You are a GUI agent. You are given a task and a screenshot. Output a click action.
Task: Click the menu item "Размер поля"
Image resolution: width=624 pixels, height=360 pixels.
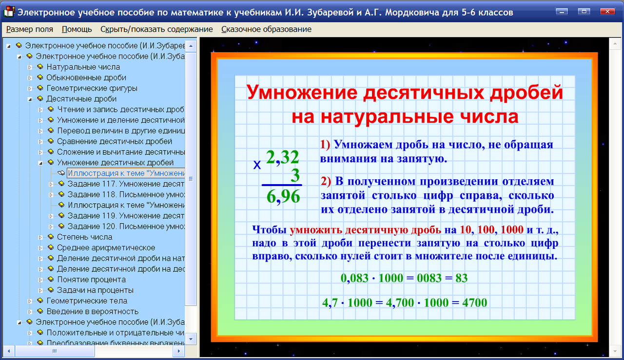pos(30,29)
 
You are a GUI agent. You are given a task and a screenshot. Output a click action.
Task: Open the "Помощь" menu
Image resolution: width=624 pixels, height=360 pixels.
pos(77,29)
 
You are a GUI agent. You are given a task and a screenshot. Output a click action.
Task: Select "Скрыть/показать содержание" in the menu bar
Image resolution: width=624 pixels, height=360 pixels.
pos(156,29)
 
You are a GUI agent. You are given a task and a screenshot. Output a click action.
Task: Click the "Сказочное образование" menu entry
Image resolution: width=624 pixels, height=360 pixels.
pos(266,29)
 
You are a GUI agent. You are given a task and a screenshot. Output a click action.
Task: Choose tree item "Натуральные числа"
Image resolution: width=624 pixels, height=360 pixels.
pos(83,67)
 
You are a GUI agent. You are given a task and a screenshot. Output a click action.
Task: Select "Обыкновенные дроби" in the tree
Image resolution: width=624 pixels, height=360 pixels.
pos(86,78)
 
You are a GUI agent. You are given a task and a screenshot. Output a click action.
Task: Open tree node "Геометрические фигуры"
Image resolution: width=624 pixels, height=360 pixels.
pos(92,89)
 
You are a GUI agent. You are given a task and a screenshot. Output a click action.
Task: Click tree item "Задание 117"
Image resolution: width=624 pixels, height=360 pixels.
pos(126,184)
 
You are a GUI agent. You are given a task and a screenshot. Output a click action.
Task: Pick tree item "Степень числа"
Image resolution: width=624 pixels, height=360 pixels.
pos(84,237)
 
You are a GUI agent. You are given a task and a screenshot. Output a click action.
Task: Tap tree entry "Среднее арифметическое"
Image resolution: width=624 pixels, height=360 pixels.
pos(106,248)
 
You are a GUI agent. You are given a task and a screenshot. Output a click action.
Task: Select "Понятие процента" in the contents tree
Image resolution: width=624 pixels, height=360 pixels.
pos(91,280)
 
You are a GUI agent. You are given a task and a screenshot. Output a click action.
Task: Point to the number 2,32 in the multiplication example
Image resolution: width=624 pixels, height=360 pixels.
pos(283,157)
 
